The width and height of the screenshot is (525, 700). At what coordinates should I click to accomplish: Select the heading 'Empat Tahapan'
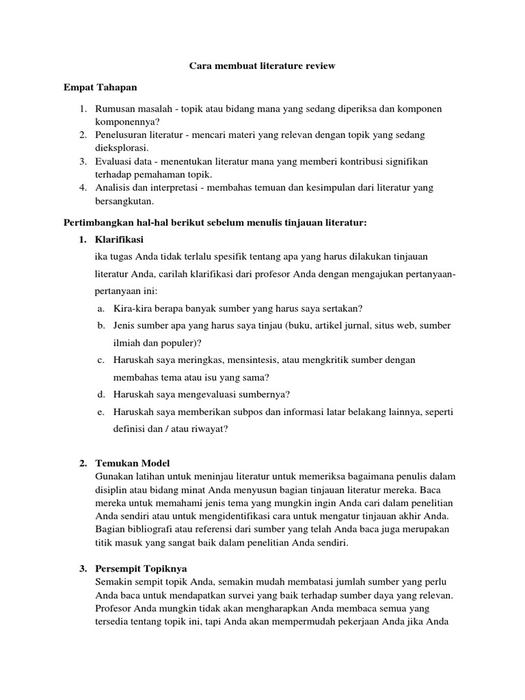coord(100,87)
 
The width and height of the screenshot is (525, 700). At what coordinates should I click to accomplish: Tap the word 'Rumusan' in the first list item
coord(117,109)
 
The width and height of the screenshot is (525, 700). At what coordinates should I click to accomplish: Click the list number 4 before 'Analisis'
coord(82,187)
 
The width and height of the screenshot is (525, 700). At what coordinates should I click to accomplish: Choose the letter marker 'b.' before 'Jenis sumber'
coord(100,325)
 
